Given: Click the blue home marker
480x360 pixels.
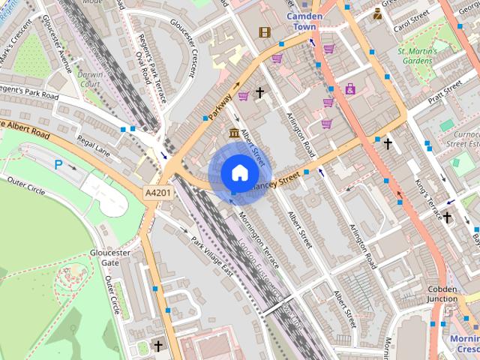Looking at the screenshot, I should pos(238,172).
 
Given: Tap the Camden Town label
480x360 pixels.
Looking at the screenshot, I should pos(306,21).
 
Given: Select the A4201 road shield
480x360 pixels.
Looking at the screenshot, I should pos(157,193).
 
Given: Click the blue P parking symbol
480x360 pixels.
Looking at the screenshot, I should pos(58,163).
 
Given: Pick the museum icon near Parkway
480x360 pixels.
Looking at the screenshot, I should pos(234,133).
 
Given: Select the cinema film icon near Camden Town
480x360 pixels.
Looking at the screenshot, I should pos(264,31).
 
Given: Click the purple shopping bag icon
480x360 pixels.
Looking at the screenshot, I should pos(349,88).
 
